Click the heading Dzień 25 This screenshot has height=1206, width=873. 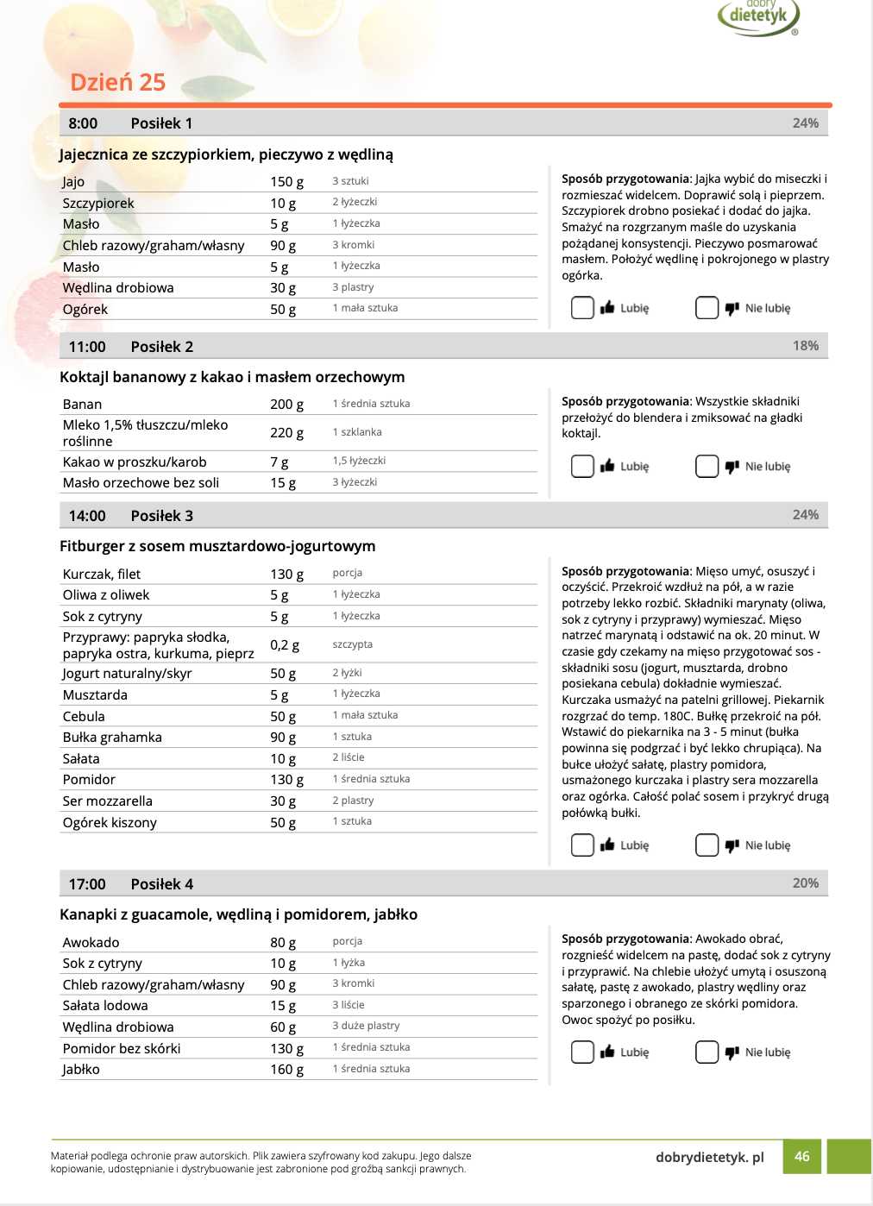pos(117,82)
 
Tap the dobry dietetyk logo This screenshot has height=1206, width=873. pos(759,16)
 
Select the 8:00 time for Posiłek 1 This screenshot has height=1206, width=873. pos(83,123)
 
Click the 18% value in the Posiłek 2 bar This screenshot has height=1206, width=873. pos(805,345)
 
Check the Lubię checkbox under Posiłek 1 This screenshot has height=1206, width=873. pos(582,307)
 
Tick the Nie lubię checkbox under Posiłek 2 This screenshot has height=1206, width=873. pos(707,466)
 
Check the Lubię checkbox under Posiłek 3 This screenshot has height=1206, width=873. pos(582,845)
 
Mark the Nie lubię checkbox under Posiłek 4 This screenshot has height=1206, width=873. pos(707,1052)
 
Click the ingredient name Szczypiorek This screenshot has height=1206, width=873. pos(98,203)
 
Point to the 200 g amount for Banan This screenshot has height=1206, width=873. pos(286,404)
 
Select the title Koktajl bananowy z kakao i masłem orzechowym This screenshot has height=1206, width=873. pos(232,377)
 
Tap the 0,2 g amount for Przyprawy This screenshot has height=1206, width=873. pos(285,644)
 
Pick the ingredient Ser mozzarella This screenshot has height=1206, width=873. pos(107,801)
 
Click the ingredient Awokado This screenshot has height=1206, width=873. pos(91,942)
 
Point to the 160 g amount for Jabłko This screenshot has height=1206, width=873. pos(286,1069)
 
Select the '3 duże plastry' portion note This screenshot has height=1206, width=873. pos(366,1026)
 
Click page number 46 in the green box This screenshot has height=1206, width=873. pos(801,1156)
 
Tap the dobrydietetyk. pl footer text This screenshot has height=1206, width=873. pos(709,1157)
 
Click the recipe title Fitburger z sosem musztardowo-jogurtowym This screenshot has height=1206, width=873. pos(217,546)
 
